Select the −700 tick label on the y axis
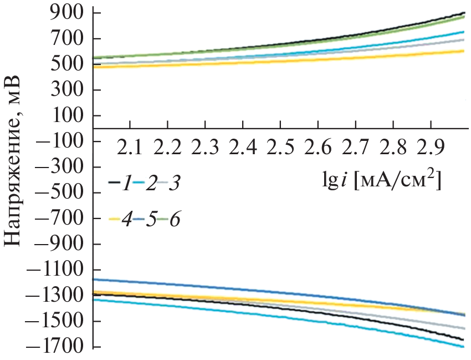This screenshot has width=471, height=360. pos(58,219)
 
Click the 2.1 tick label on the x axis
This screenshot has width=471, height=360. pos(131,148)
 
